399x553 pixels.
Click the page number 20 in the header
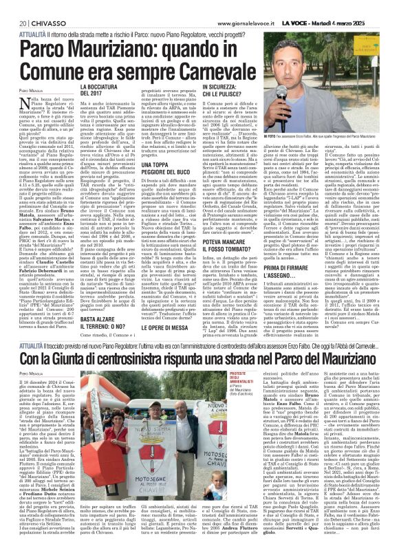[x=13, y=6]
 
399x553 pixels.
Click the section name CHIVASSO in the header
[x=38, y=6]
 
